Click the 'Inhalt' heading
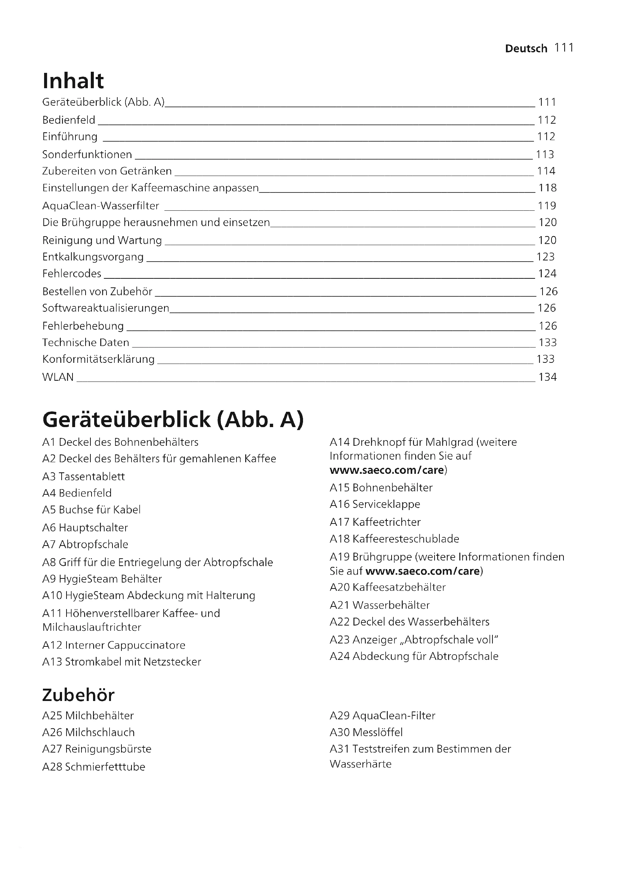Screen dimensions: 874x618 pyautogui.click(x=73, y=81)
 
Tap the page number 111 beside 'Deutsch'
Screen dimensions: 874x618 pyautogui.click(x=564, y=48)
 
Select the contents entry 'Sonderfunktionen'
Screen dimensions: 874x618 pyautogui.click(x=87, y=155)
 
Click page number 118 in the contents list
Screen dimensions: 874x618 pyautogui.click(x=547, y=188)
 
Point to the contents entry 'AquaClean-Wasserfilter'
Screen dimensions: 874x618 pyautogui.click(x=101, y=206)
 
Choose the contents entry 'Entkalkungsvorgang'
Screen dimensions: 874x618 pyautogui.click(x=93, y=257)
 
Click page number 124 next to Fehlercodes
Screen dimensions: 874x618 pyautogui.click(x=547, y=274)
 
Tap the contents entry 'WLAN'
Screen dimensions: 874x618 pyautogui.click(x=58, y=377)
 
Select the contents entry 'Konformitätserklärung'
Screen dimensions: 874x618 pyautogui.click(x=99, y=359)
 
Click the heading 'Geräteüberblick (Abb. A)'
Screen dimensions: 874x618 pyautogui.click(x=173, y=420)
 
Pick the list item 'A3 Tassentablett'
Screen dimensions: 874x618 pyautogui.click(x=84, y=476)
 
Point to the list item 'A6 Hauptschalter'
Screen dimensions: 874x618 pyautogui.click(x=85, y=528)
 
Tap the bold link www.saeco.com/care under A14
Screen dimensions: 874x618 pyautogui.click(x=387, y=470)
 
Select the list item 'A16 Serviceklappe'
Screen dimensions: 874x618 pyautogui.click(x=375, y=504)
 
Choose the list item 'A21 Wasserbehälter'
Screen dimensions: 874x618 pyautogui.click(x=379, y=605)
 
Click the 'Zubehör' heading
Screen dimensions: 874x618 pyautogui.click(x=78, y=695)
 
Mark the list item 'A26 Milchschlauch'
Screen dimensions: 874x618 pyautogui.click(x=88, y=732)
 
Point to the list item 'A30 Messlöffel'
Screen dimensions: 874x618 pyautogui.click(x=366, y=732)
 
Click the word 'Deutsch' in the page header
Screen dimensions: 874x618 pyautogui.click(x=526, y=49)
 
